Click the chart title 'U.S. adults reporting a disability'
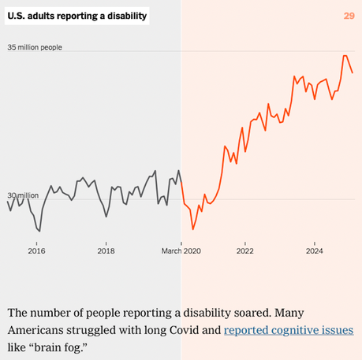(x=77, y=16)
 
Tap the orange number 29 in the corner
(x=349, y=16)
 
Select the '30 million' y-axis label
(x=23, y=195)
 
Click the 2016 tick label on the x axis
(x=36, y=251)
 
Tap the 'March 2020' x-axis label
(x=181, y=251)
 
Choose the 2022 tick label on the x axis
(x=245, y=251)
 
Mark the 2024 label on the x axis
(x=315, y=251)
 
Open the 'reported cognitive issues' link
(x=288, y=329)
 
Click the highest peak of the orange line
(x=345, y=56)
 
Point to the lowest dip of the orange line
(x=193, y=230)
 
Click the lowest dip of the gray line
(x=39, y=231)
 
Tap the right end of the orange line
(x=353, y=72)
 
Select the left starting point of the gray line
(x=8, y=202)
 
